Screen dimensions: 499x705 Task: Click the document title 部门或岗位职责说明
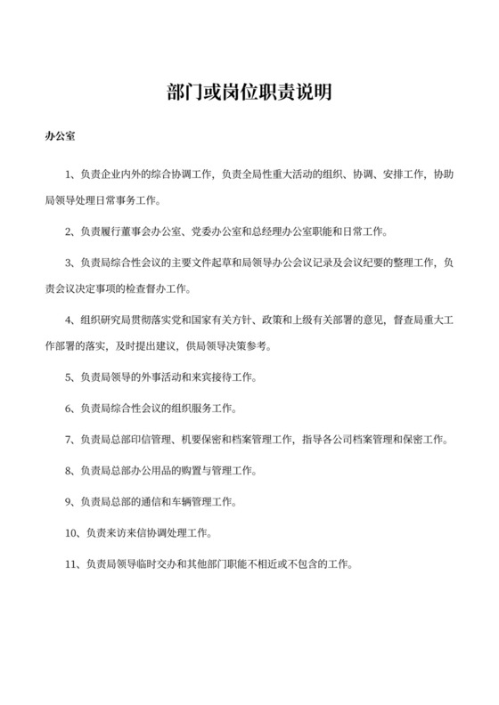coord(250,93)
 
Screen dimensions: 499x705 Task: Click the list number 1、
coord(72,173)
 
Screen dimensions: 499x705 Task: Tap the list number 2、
coord(72,231)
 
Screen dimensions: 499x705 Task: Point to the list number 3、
coord(72,262)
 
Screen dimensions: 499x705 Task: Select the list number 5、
coord(72,378)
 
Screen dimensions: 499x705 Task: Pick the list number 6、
coord(72,409)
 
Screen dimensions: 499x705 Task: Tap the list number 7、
coord(72,439)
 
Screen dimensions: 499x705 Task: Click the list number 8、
coord(72,469)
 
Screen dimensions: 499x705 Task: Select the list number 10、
coord(75,532)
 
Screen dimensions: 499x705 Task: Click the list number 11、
coord(75,563)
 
